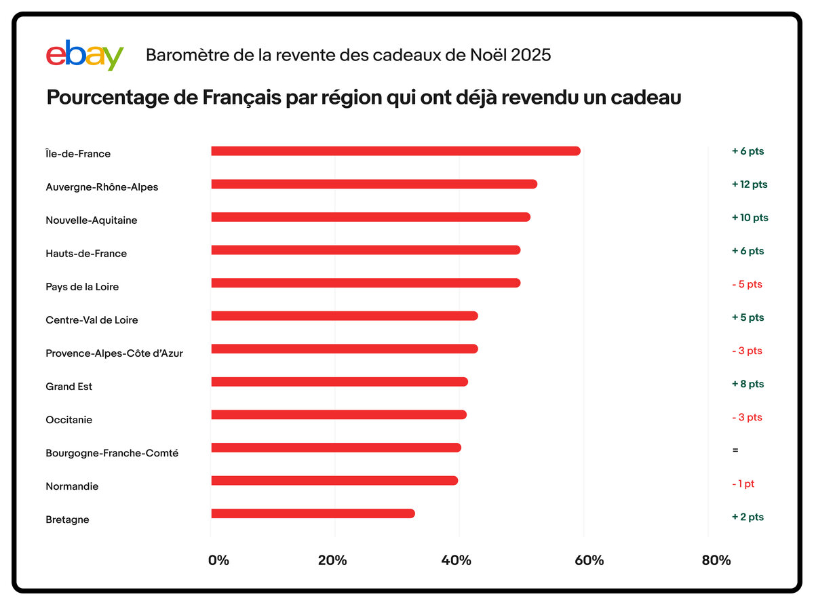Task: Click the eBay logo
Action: point(85,56)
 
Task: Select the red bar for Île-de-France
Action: point(395,151)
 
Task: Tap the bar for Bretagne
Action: point(313,514)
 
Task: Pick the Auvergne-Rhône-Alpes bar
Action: point(374,184)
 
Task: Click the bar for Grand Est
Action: point(339,382)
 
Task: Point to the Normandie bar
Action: point(334,481)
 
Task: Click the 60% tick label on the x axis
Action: point(589,560)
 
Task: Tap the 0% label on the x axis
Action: point(218,560)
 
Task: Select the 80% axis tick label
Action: point(716,560)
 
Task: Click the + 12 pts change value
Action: point(750,184)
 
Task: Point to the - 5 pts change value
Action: point(747,284)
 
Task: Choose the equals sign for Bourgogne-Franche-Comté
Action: point(735,450)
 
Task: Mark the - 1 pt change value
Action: point(743,484)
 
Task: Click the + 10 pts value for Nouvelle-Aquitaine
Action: point(750,218)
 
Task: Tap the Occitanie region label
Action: point(69,420)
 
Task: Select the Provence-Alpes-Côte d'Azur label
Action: point(114,353)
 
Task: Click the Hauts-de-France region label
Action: point(86,254)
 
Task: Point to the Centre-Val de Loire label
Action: point(92,320)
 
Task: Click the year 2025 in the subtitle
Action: point(531,55)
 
